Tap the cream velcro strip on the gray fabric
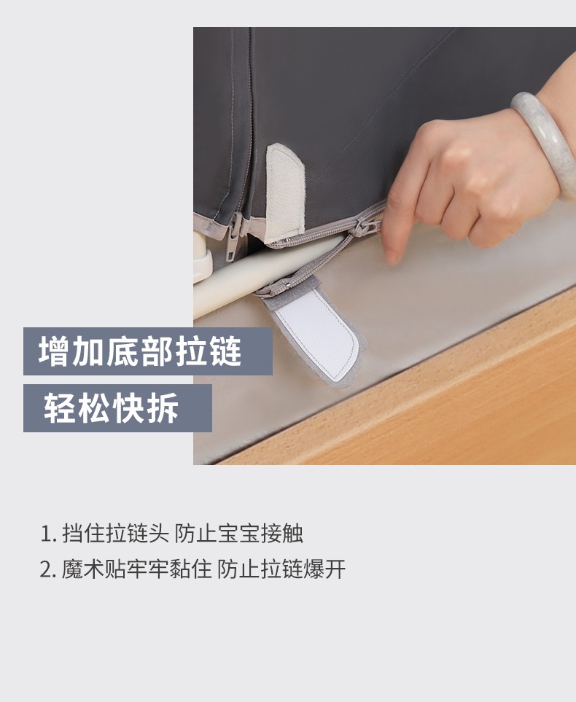(285, 192)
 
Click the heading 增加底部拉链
(140, 352)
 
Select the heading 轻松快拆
(111, 407)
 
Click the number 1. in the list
(48, 534)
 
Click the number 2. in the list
(48, 570)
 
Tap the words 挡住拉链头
(115, 534)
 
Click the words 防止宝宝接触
(238, 534)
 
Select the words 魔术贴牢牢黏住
(136, 569)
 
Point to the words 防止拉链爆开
(281, 569)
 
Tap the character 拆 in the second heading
(163, 407)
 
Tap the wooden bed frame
(426, 403)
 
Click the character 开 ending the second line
(335, 569)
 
